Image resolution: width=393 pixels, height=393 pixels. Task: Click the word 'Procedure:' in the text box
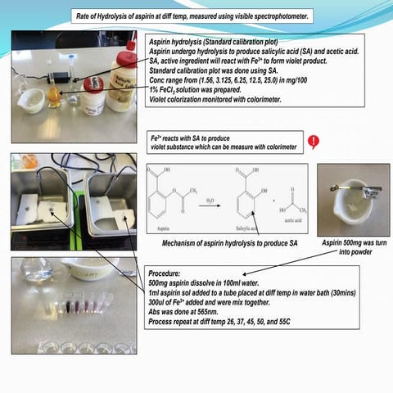(168, 274)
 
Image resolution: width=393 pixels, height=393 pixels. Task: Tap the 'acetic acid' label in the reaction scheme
(282, 220)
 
